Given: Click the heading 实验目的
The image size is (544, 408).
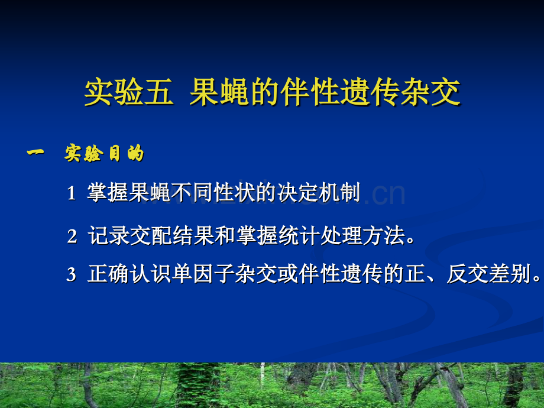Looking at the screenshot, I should pos(104,154).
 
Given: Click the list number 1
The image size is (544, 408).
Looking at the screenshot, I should pos(71,193).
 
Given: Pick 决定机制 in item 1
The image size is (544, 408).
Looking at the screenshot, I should pos(325,193).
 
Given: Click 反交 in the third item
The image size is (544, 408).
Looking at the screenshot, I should pos(462,274).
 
